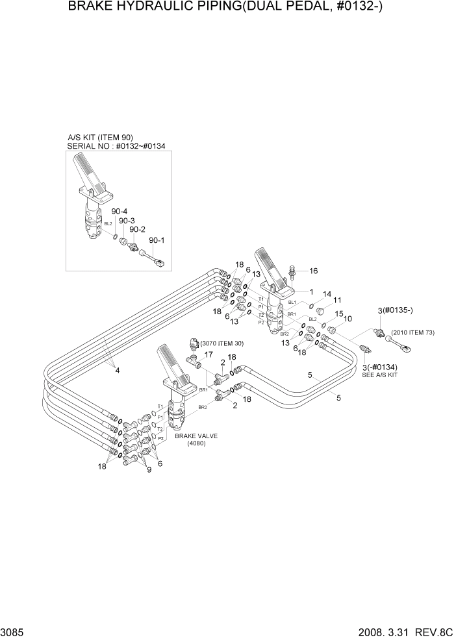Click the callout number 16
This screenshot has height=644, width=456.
pyautogui.click(x=313, y=271)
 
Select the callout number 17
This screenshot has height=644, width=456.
pyautogui.click(x=209, y=354)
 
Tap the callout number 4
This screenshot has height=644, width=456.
pyautogui.click(x=118, y=371)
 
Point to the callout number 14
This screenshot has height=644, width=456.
pyautogui.click(x=327, y=294)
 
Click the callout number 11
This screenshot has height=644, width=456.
pyautogui.click(x=337, y=301)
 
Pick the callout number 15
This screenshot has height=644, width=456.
pyautogui.click(x=338, y=314)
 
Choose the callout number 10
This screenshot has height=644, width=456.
pyautogui.click(x=348, y=319)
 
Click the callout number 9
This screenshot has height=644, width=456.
pyautogui.click(x=149, y=469)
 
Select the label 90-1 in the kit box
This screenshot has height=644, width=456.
pyautogui.click(x=157, y=240)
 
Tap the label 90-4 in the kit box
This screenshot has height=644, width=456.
pyautogui.click(x=118, y=212)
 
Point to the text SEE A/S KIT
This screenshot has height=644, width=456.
pyautogui.click(x=380, y=376)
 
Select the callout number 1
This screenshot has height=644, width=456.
pyautogui.click(x=311, y=292)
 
